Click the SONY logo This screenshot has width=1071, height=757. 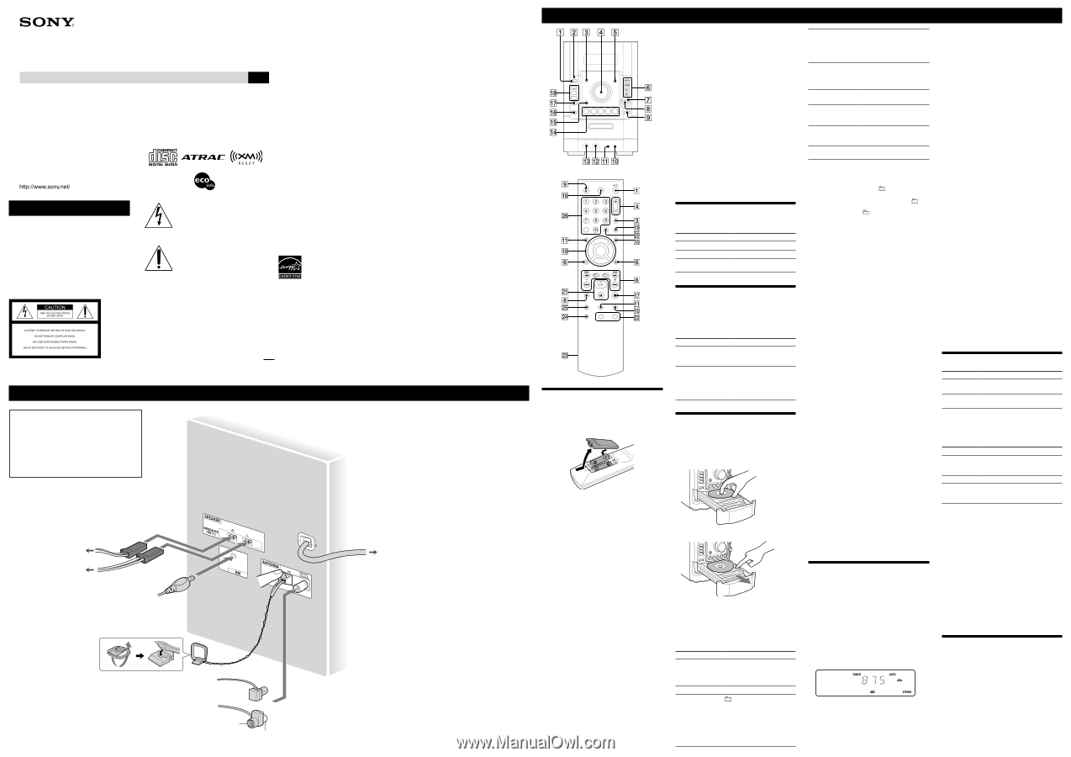(x=47, y=24)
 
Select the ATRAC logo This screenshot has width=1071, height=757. (x=205, y=157)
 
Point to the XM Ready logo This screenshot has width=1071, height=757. (x=247, y=157)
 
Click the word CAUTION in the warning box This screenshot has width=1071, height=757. (x=55, y=308)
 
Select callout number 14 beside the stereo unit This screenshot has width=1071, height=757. (x=554, y=133)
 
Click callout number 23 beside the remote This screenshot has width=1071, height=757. (x=565, y=355)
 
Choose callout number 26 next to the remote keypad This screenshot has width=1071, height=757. (x=565, y=216)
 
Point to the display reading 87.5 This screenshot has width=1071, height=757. (x=865, y=681)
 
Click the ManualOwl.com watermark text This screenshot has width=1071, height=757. (x=535, y=740)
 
